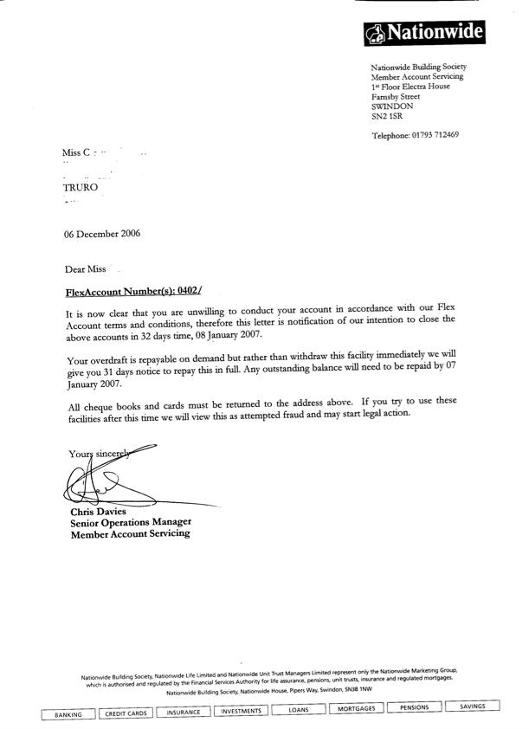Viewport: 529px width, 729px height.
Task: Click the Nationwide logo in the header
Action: click(x=424, y=33)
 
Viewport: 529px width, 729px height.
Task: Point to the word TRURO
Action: click(x=81, y=186)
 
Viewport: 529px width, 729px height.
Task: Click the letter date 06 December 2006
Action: click(x=102, y=233)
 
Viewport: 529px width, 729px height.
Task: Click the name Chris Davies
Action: click(x=97, y=512)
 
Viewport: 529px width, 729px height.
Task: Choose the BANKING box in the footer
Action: click(x=68, y=714)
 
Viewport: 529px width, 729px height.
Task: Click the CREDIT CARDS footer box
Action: click(x=126, y=714)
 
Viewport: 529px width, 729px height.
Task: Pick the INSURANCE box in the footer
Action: click(x=184, y=713)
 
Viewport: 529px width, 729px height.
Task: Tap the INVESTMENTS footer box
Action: click(x=241, y=711)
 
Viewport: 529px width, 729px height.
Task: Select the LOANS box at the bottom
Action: click(x=299, y=710)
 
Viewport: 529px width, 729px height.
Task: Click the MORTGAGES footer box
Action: click(x=356, y=709)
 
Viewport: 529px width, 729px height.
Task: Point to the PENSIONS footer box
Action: click(x=414, y=707)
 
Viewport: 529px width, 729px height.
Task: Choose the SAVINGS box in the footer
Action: click(x=473, y=706)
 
